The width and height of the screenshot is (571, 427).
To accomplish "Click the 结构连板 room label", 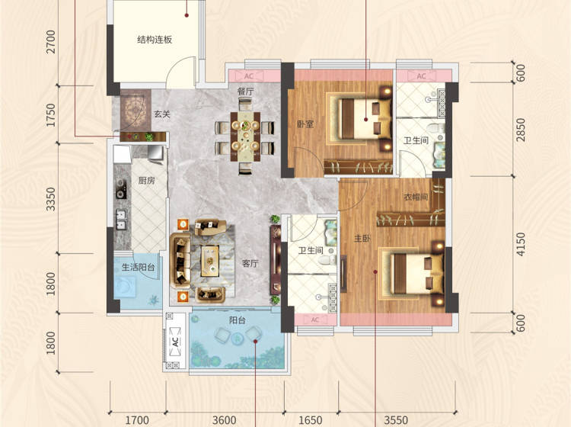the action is (155, 40).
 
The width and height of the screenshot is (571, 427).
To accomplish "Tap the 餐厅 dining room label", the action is (246, 91).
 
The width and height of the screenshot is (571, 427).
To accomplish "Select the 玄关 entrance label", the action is (162, 114).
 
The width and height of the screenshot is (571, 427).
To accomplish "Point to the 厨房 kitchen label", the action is (146, 180).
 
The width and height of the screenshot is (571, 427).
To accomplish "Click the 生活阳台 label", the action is (138, 267).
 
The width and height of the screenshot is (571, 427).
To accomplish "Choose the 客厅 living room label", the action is (250, 263).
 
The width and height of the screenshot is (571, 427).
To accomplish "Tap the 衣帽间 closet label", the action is (416, 197).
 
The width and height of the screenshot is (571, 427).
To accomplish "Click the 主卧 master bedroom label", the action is (362, 239).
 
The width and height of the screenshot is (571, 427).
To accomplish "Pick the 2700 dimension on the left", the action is (51, 42).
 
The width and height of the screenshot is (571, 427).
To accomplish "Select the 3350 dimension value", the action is (51, 199).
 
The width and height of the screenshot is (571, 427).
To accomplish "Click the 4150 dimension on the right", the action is (521, 244).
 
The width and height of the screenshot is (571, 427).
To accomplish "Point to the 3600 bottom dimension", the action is (225, 420).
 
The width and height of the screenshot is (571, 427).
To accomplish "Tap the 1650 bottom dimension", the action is (311, 420).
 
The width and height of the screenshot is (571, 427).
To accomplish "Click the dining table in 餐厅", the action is (245, 136).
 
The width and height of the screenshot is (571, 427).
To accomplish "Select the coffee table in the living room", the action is (210, 260).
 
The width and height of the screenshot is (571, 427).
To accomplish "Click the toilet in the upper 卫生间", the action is (435, 128).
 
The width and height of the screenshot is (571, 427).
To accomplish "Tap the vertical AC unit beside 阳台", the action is (176, 342).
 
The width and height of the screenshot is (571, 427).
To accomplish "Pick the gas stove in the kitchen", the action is (121, 189).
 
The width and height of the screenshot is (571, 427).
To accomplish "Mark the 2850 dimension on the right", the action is (521, 130).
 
